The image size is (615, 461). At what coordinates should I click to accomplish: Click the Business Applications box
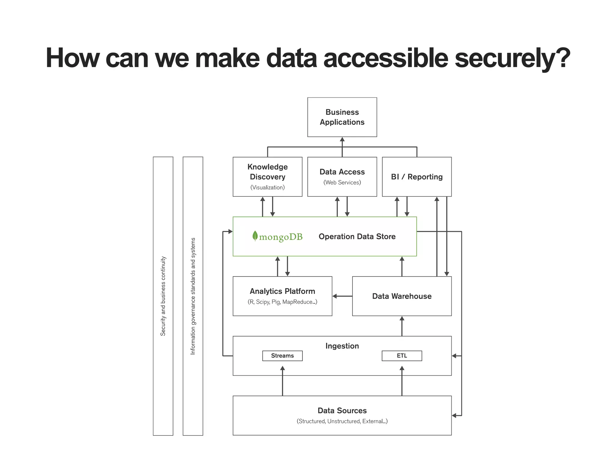click(342, 117)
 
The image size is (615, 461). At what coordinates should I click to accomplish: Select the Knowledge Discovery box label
click(267, 172)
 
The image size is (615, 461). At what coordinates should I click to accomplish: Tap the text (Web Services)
click(342, 182)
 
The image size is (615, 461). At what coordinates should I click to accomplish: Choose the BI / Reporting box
click(417, 177)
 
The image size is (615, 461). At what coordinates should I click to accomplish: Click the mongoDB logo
click(277, 237)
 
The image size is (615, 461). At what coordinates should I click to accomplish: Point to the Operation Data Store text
click(357, 237)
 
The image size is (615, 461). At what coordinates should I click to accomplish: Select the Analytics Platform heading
click(282, 291)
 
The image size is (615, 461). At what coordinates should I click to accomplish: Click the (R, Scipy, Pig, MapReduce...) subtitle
click(282, 302)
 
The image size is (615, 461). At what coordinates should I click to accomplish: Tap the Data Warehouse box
click(402, 296)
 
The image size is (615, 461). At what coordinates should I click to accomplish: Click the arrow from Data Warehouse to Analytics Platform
click(342, 296)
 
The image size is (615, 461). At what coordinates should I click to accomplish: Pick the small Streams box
click(282, 356)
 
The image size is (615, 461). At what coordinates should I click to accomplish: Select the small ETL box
click(402, 356)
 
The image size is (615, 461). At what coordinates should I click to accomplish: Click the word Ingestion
click(342, 346)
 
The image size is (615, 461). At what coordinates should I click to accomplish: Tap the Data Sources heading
click(342, 410)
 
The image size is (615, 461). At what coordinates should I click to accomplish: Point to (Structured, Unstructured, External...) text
click(342, 421)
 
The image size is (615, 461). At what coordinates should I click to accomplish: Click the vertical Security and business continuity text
click(163, 296)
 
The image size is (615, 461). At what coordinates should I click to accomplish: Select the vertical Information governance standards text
click(193, 296)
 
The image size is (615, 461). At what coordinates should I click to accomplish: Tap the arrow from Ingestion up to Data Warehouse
click(402, 326)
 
